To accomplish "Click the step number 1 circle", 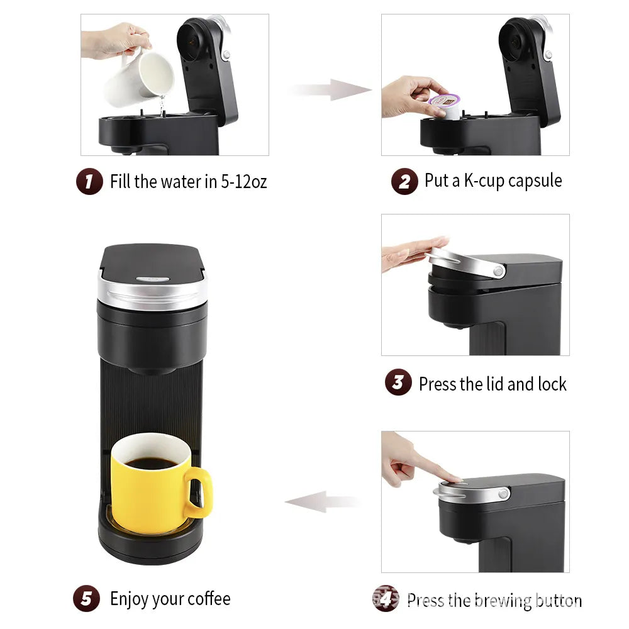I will click(89, 182).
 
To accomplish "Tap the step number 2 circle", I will click(404, 182).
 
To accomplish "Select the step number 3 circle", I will click(398, 382).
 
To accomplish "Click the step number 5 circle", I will click(86, 599).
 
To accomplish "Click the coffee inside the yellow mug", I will click(152, 464).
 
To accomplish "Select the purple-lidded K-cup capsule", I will click(444, 104).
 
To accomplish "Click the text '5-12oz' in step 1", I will click(243, 182).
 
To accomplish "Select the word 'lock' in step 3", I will click(551, 384).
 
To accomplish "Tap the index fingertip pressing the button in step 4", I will click(454, 478).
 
